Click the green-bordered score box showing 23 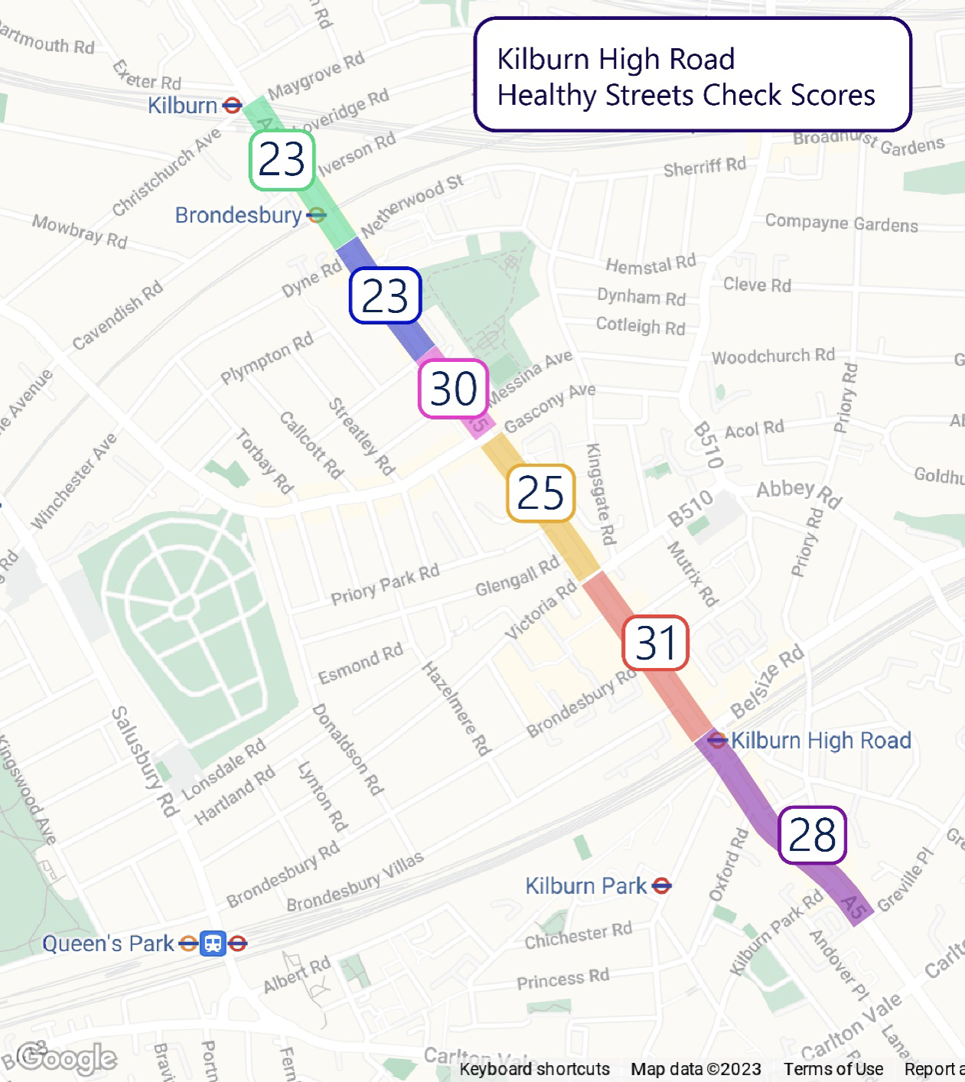click(x=282, y=161)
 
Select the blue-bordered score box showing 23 click(x=386, y=295)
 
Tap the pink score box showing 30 click(x=453, y=389)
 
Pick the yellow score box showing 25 click(x=541, y=493)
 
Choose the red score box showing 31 click(x=656, y=643)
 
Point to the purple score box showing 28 click(x=812, y=835)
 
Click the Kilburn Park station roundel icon click(x=662, y=886)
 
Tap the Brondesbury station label click(x=238, y=216)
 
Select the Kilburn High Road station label click(x=821, y=741)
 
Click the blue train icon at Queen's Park click(x=213, y=943)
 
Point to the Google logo click(x=67, y=1058)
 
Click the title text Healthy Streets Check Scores click(x=686, y=96)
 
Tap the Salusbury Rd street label click(x=144, y=761)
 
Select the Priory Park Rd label click(x=385, y=585)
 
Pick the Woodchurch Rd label click(x=773, y=356)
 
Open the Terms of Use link click(x=833, y=1069)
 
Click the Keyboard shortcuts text click(x=534, y=1069)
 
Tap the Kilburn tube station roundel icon click(x=232, y=106)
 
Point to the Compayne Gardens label click(x=841, y=223)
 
